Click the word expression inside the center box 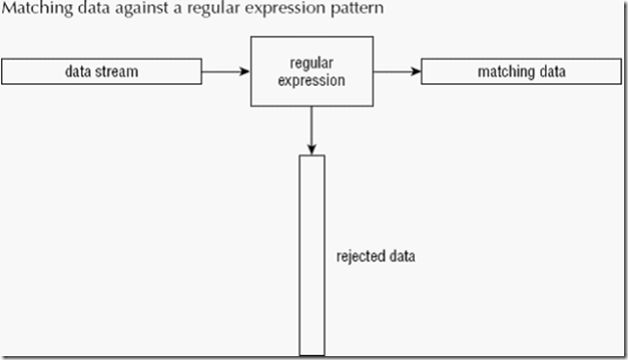(311, 81)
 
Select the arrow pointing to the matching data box (396, 70)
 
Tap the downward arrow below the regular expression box (311, 129)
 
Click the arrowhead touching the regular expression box (243, 70)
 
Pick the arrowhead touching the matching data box (415, 70)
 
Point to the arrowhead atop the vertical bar (311, 148)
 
